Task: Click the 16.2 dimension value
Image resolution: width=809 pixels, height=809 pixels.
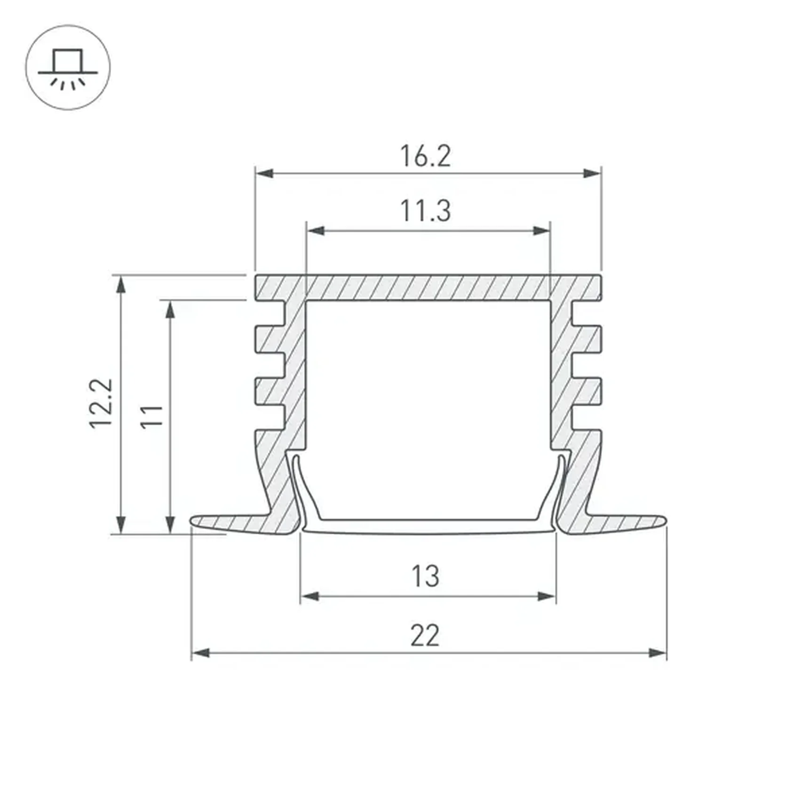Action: (x=425, y=156)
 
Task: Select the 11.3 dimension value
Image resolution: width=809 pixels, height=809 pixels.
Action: (x=425, y=211)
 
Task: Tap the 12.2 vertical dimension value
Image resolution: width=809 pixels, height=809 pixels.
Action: (x=102, y=403)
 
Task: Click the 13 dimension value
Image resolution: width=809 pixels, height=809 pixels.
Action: (x=425, y=576)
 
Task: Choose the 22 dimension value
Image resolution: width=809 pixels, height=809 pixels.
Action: (x=425, y=635)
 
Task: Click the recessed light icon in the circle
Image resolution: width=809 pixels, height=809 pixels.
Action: (x=68, y=68)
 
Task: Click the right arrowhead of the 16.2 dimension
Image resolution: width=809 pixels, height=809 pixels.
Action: (x=592, y=174)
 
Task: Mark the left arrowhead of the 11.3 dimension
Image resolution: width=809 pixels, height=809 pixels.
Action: (x=315, y=230)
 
